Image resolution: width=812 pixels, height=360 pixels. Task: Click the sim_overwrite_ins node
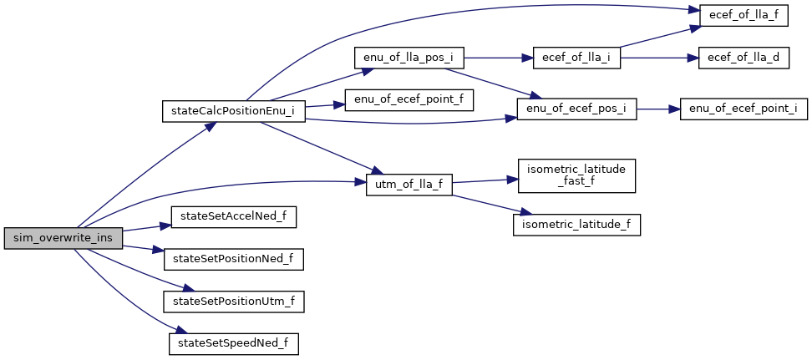[x=63, y=237]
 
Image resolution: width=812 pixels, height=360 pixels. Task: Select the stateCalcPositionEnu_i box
[x=232, y=110]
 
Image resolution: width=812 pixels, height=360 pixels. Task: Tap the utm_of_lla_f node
[x=409, y=185]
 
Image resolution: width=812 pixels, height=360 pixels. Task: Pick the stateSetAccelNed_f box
[x=233, y=216]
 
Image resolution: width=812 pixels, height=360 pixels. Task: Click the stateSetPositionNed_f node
[x=233, y=258]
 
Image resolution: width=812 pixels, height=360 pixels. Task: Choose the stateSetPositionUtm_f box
[x=233, y=301]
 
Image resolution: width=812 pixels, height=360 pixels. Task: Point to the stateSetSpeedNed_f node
[x=233, y=342]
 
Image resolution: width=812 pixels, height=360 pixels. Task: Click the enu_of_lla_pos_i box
[x=409, y=58]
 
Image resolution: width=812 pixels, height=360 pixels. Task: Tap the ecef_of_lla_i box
[x=576, y=58]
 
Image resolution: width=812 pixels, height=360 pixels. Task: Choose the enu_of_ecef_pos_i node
[x=576, y=109]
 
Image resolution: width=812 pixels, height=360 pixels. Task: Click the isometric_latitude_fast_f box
[x=576, y=174]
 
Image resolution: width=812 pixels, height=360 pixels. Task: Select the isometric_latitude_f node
[x=576, y=224]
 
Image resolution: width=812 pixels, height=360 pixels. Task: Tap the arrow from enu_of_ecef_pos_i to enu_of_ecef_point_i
[x=658, y=109]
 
